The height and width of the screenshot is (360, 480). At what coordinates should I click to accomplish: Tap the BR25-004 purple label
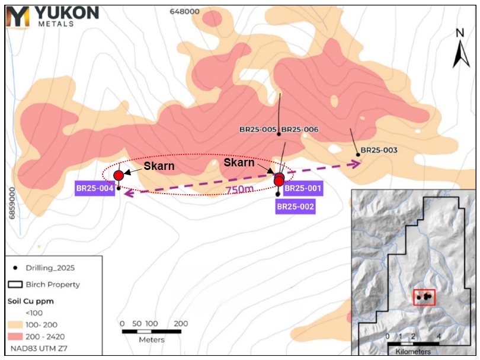point(94,188)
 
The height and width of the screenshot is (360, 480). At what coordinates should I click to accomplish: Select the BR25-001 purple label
point(302,189)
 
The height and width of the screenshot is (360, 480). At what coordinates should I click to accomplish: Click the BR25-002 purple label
point(295,206)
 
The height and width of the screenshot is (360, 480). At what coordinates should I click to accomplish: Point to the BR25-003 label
point(379,150)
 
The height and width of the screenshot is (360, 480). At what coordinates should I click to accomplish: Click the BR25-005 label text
point(258,129)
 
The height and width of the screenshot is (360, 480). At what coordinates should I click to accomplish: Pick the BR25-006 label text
point(300,129)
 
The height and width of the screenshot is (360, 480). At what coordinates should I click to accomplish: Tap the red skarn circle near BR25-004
point(119,175)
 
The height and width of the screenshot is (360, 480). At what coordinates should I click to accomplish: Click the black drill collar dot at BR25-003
point(358,155)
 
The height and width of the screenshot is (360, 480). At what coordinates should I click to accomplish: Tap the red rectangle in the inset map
point(424,297)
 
